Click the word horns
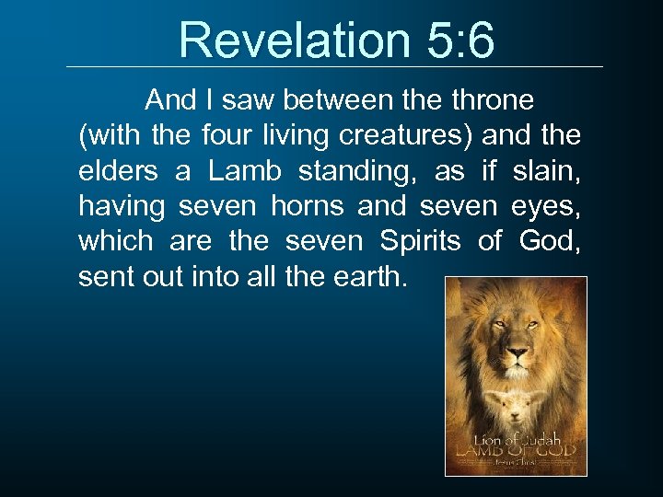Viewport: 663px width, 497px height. (x=308, y=205)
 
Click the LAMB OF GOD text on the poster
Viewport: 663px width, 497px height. (x=515, y=452)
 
